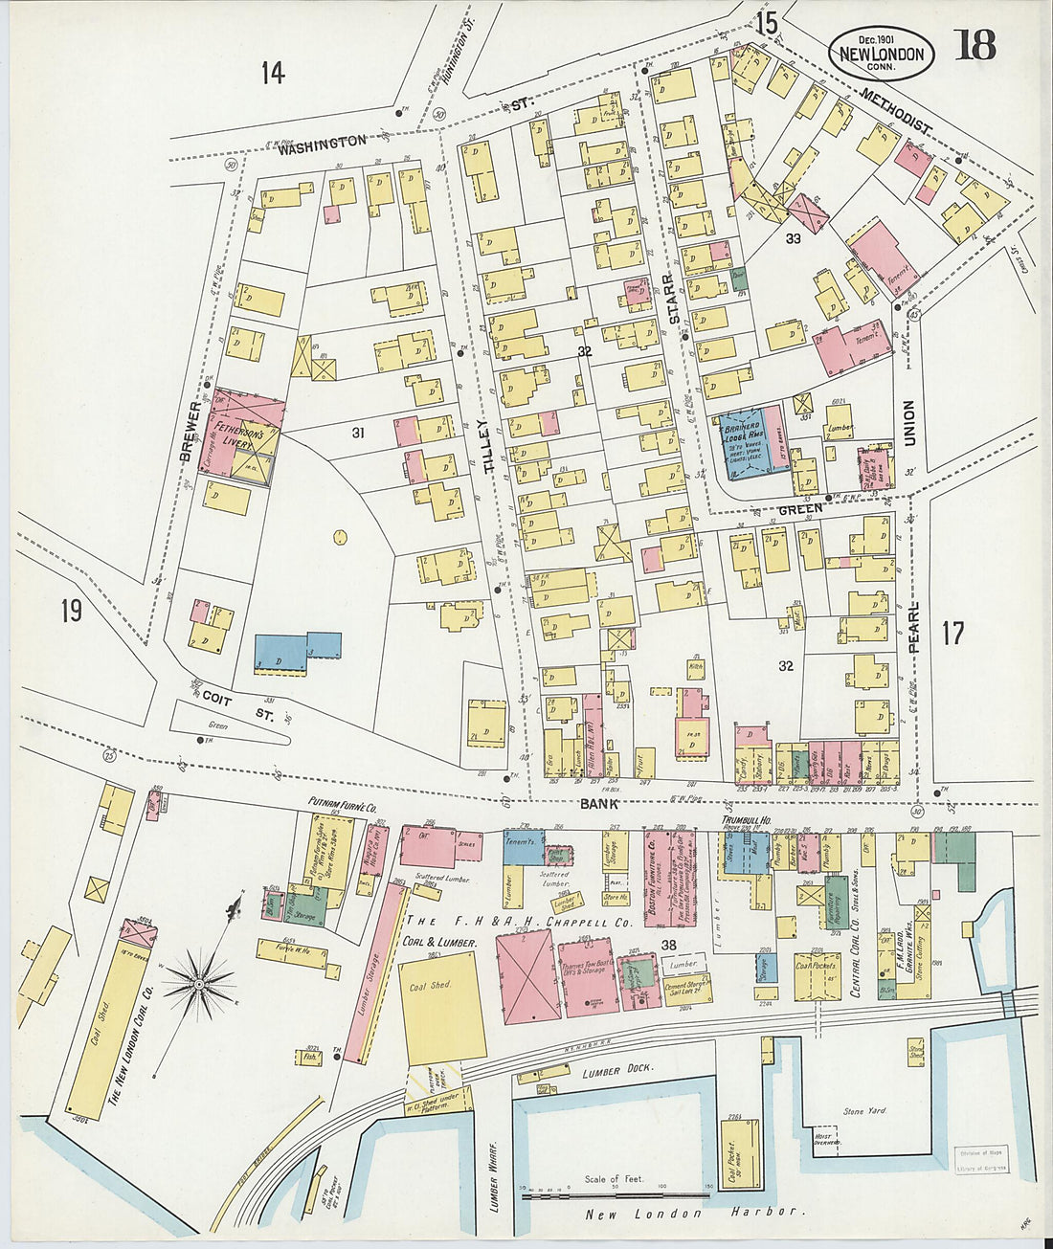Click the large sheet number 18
tap(975, 45)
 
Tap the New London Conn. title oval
tap(881, 53)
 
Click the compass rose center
tap(198, 983)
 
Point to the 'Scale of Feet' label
tap(615, 1179)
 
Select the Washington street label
tap(322, 142)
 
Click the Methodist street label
tap(896, 112)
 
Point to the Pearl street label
tap(913, 627)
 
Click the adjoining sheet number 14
tap(273, 73)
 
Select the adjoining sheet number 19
tap(71, 610)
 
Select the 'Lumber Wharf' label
tap(494, 1178)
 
